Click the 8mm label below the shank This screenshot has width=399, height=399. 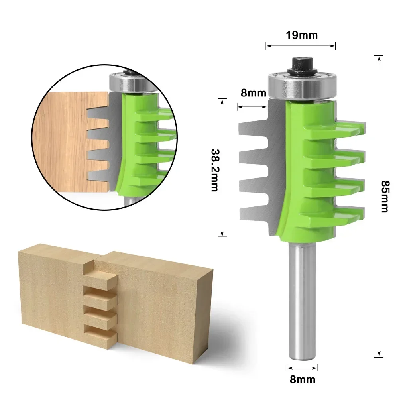(x=303, y=379)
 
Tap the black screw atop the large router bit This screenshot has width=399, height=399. (x=301, y=65)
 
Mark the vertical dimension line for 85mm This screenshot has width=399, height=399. (x=378, y=279)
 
